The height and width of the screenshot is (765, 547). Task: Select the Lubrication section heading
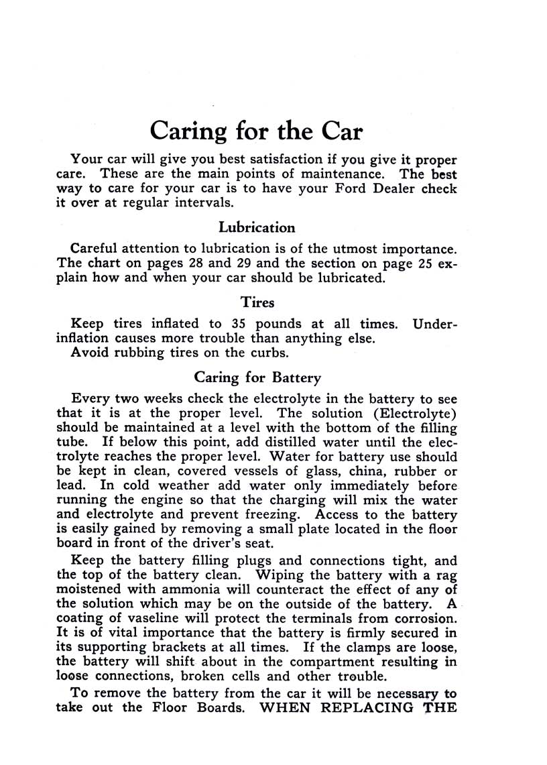pos(257,227)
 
